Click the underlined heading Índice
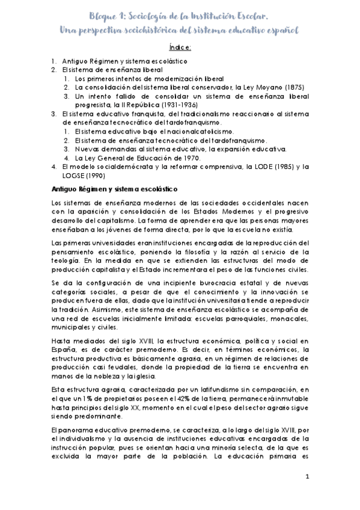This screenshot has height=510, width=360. click(180, 48)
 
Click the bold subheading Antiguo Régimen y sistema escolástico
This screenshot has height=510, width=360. click(113, 189)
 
